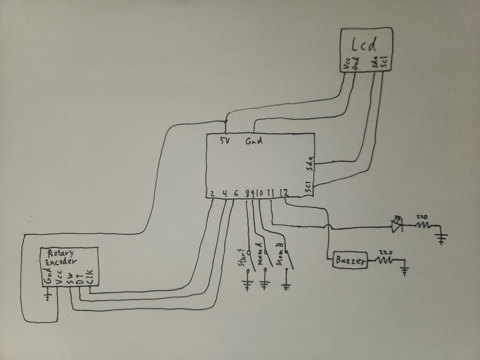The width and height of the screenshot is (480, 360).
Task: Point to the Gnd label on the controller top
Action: click(254, 140)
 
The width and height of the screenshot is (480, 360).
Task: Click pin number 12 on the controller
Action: click(283, 192)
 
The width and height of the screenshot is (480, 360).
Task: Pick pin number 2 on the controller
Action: click(212, 193)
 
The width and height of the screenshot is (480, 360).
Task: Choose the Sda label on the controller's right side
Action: click(309, 164)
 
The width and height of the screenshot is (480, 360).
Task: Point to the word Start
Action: click(242, 257)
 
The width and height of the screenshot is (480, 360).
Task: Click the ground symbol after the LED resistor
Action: click(442, 238)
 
